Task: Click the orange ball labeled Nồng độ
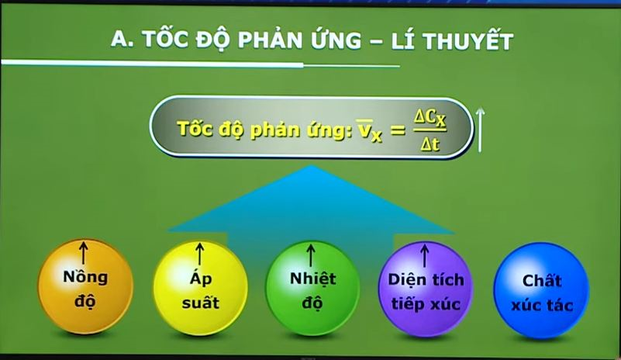tap(85, 286)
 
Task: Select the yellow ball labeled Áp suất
tap(200, 289)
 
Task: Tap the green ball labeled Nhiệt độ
tap(312, 289)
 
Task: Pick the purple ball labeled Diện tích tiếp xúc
tap(426, 289)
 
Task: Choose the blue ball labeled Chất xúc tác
tap(541, 291)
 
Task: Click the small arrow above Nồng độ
tap(83, 254)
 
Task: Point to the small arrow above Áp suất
tap(200, 254)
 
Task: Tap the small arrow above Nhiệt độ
tap(311, 255)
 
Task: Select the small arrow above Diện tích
tap(425, 256)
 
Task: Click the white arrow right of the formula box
tap(480, 130)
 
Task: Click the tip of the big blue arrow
tap(312, 166)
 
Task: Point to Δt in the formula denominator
tap(430, 144)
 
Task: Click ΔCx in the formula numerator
tap(430, 119)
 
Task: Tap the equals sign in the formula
tap(397, 130)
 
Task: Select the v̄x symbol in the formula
tap(369, 130)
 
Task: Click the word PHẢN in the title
tap(271, 40)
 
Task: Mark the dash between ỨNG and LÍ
tap(376, 41)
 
